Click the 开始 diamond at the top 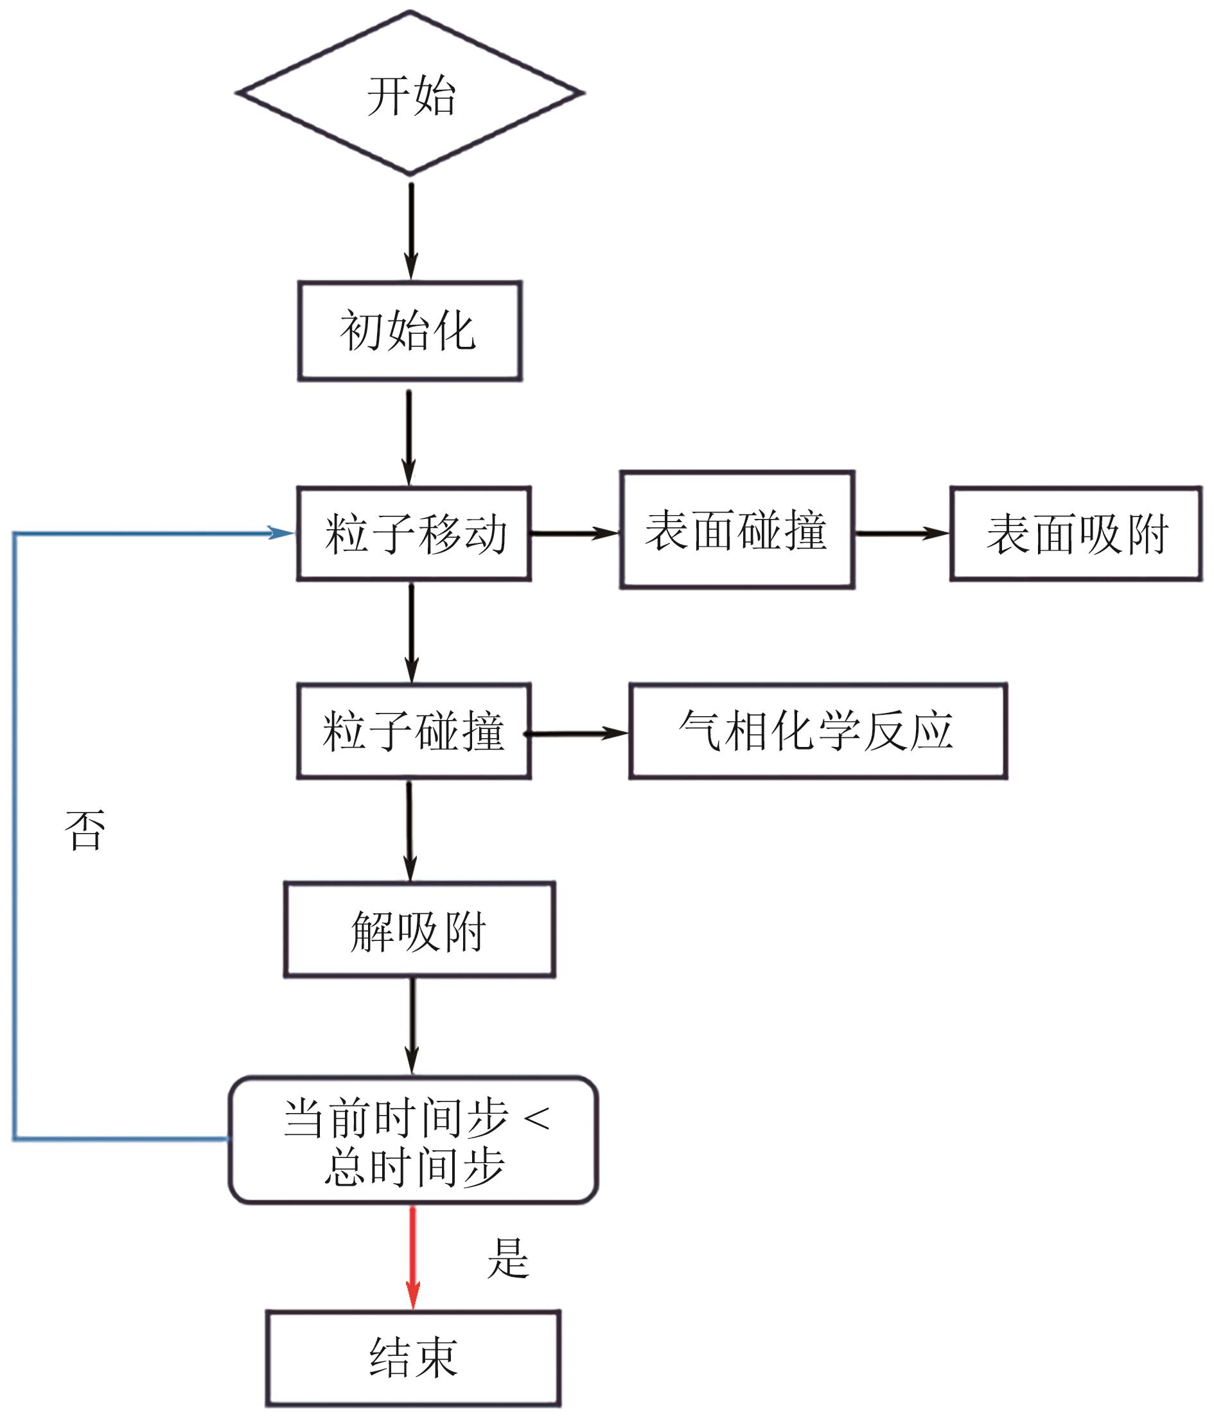point(410,93)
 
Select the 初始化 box point(410,331)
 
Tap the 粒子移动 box point(414,534)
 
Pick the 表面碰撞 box point(737,530)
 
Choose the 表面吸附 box point(1075,534)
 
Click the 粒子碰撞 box point(414,731)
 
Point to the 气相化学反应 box point(817,731)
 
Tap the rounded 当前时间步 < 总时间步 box point(413,1140)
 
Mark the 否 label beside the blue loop point(85,830)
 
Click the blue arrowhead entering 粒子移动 point(280,532)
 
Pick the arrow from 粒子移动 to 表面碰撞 point(575,532)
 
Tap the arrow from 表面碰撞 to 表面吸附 point(902,532)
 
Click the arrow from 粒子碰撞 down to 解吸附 point(410,830)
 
